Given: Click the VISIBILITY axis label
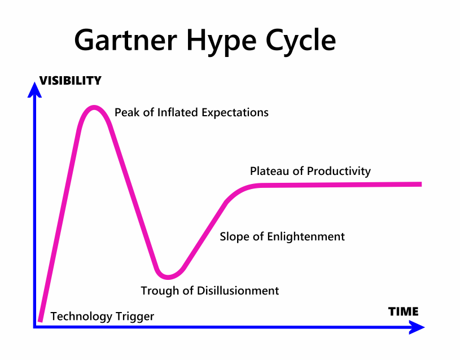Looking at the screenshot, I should point(70,81).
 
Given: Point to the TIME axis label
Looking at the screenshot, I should point(403,311).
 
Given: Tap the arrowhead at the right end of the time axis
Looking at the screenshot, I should point(416,327).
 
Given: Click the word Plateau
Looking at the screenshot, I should point(269,171).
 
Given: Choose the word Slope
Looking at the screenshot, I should point(234,236).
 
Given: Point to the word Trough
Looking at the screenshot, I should point(159,291).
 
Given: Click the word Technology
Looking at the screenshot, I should point(81,317).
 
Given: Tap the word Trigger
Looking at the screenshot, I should point(135,317).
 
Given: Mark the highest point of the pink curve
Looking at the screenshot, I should point(94,107).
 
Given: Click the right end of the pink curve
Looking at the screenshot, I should point(420,184).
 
